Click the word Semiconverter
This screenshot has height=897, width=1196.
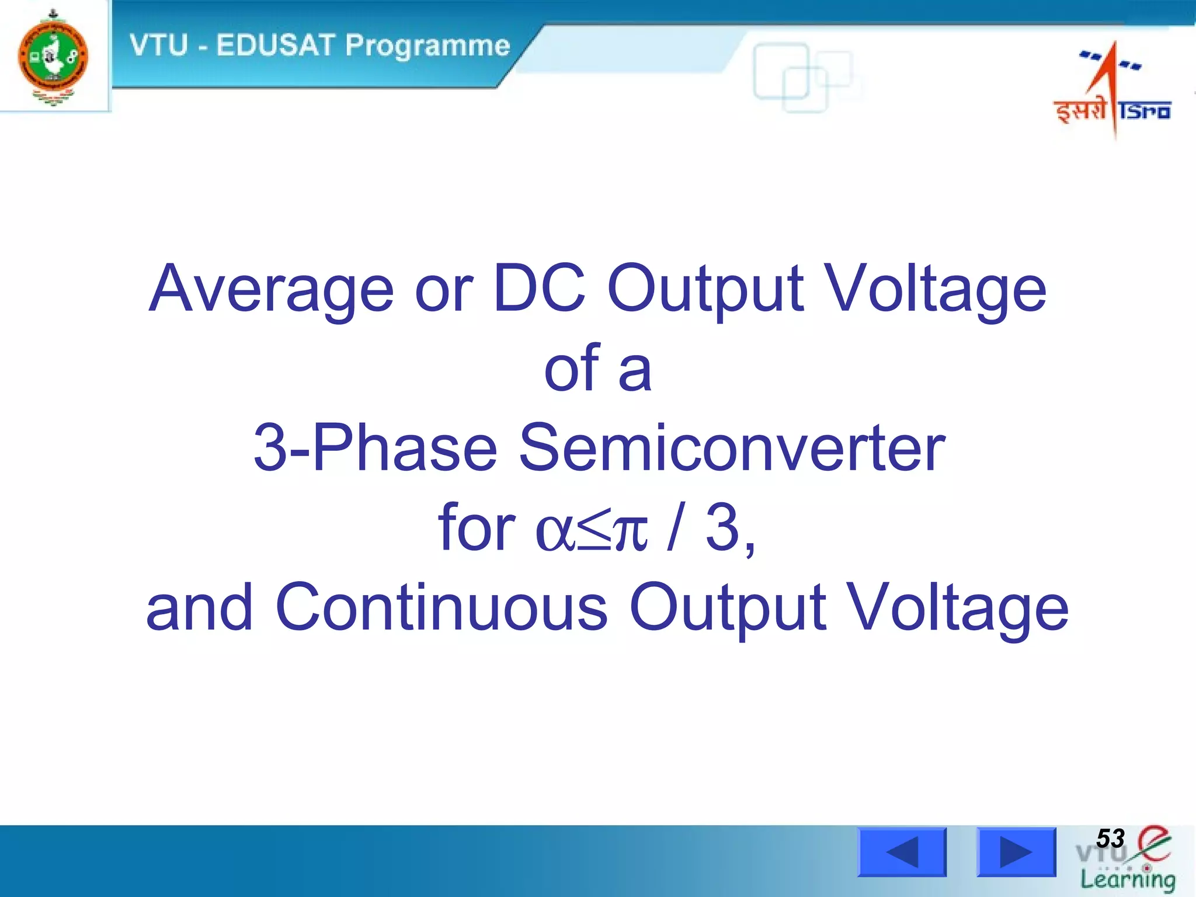732,448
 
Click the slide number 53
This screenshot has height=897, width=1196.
1110,839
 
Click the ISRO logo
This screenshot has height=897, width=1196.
1113,91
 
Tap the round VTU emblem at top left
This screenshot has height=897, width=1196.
53,57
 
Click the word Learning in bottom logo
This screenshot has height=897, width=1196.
1127,879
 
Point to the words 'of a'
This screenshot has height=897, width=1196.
597,369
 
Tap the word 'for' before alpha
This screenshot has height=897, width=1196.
477,529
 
